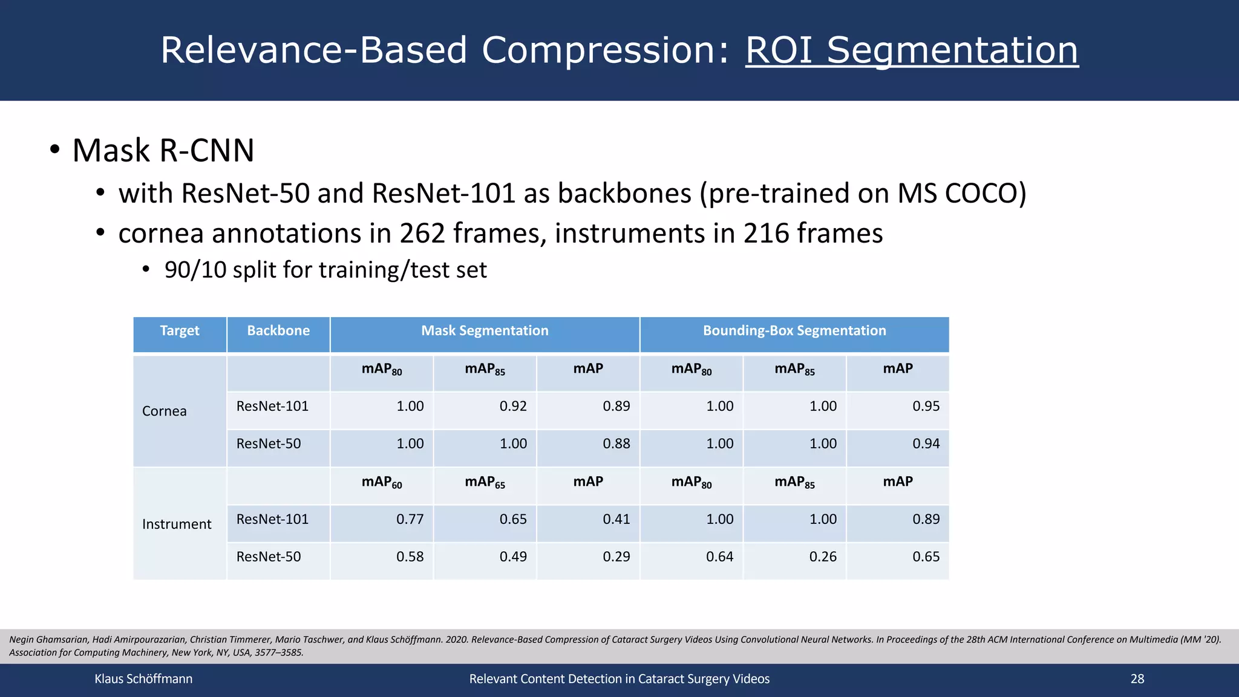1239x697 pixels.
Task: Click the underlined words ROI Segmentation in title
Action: point(911,50)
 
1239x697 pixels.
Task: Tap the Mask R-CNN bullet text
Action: point(163,150)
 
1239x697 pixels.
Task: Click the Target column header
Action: point(180,331)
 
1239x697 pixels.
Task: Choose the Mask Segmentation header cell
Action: point(485,331)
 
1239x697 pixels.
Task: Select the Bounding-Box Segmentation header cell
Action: point(794,331)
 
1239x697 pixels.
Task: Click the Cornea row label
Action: point(165,411)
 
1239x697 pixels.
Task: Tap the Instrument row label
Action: point(177,524)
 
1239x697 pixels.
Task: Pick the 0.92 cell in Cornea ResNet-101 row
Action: point(513,407)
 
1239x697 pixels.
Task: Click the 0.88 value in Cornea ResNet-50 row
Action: point(616,444)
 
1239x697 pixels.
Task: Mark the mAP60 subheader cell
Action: point(382,482)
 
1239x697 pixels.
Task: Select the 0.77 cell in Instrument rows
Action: point(410,519)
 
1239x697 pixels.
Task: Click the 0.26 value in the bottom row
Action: point(823,557)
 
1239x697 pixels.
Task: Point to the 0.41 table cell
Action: point(616,519)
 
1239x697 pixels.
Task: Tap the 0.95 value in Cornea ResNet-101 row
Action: point(926,407)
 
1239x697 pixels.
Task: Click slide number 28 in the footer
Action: point(1137,679)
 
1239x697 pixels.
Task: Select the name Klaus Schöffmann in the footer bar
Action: point(143,679)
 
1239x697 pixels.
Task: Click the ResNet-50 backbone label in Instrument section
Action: point(269,557)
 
